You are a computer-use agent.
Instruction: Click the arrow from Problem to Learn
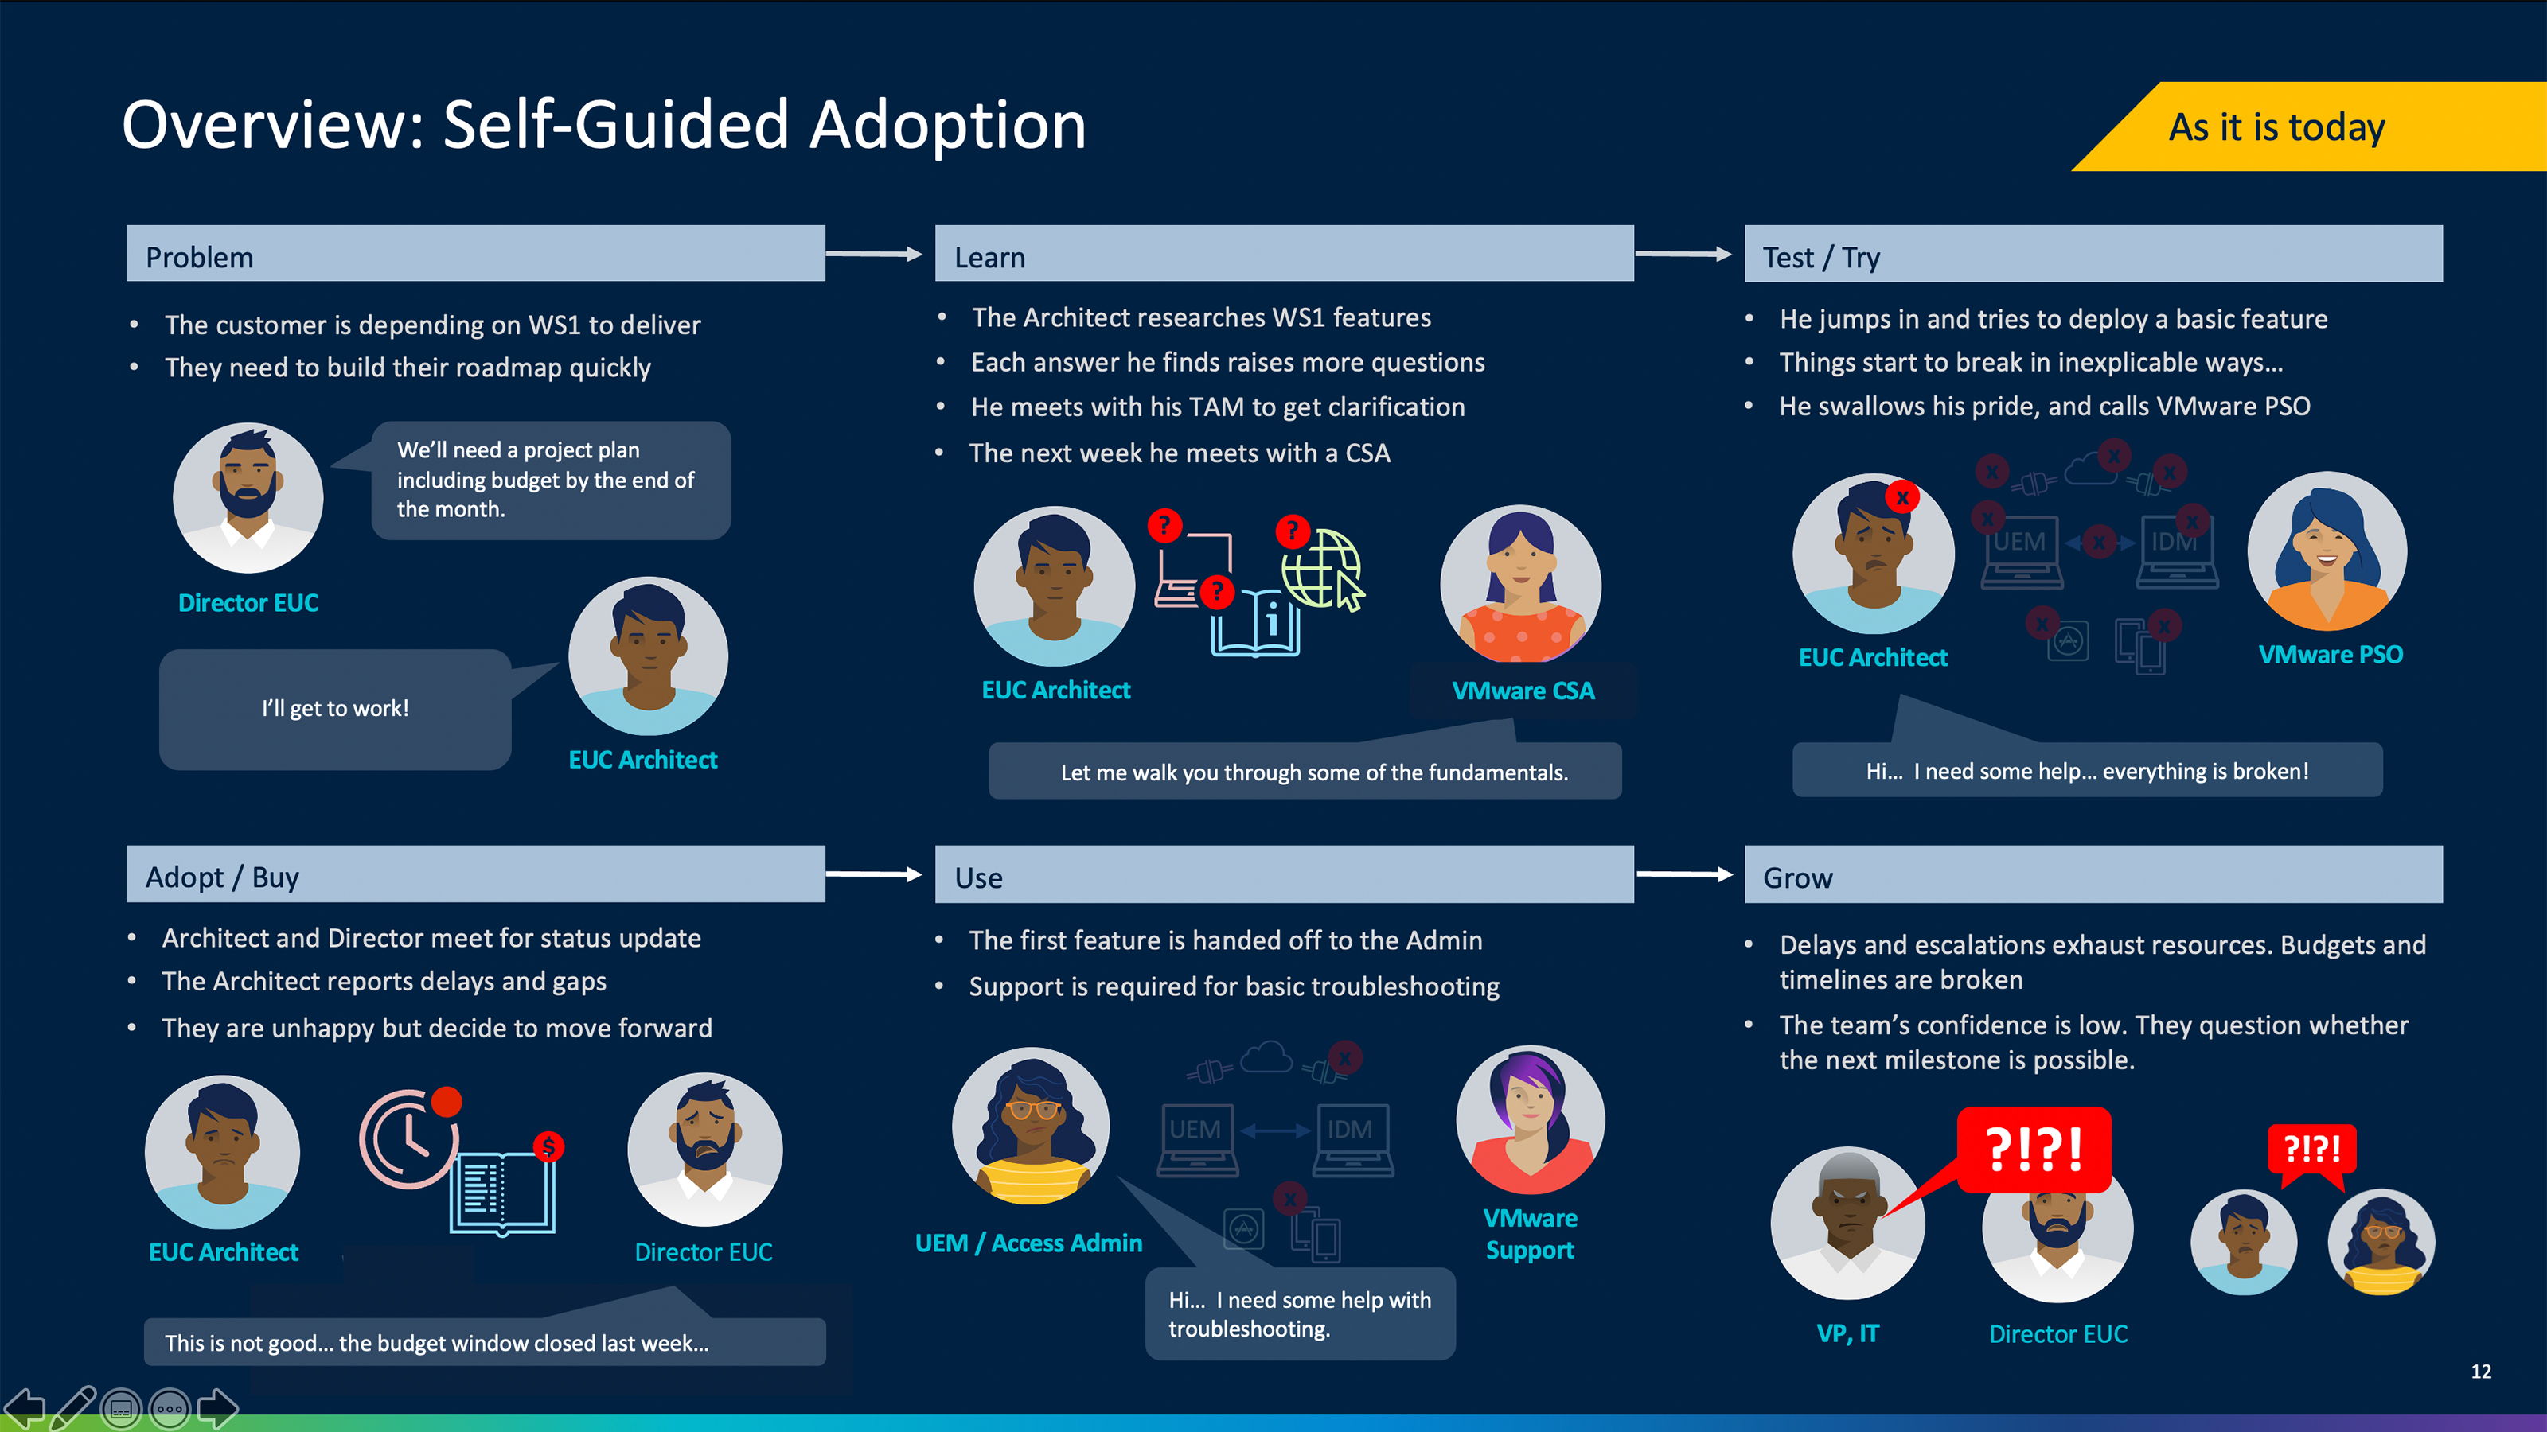click(x=874, y=254)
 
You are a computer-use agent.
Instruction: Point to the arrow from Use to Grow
click(x=1684, y=874)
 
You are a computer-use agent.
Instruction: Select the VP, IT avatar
click(x=1846, y=1223)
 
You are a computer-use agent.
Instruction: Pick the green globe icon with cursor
click(x=1322, y=570)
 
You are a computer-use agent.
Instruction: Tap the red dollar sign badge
click(x=548, y=1146)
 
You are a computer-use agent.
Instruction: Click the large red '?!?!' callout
click(x=2034, y=1150)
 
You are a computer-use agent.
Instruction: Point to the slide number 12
click(x=2480, y=1371)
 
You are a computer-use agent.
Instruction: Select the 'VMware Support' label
click(x=1530, y=1233)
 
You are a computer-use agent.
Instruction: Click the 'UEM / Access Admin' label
click(x=1028, y=1243)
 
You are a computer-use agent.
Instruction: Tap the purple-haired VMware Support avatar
click(x=1530, y=1119)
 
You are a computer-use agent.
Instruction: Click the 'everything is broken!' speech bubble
click(x=2086, y=771)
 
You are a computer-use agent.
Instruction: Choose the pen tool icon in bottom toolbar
click(x=73, y=1407)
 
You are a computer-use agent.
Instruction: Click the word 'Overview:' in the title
click(x=272, y=126)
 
